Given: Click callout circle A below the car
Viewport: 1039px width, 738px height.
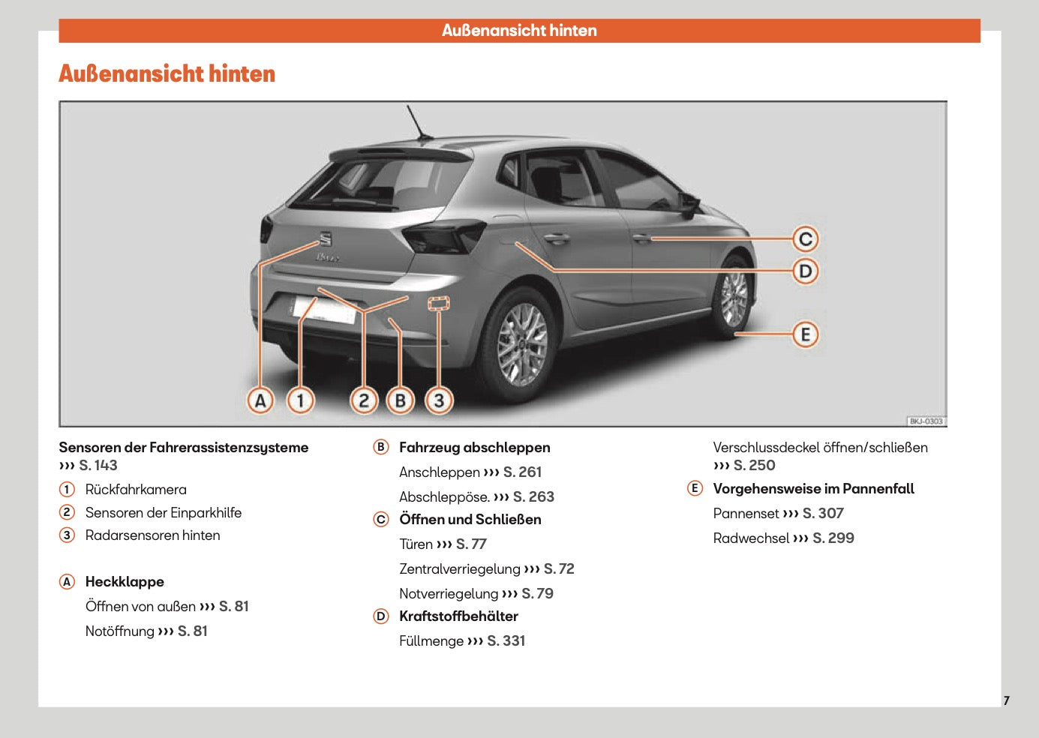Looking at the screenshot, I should pos(260,400).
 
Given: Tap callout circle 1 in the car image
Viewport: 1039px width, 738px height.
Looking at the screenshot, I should pos(301,400).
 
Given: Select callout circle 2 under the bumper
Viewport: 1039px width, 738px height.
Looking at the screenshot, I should pos(364,400).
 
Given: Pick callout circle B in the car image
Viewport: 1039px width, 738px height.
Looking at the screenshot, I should pos(401,400).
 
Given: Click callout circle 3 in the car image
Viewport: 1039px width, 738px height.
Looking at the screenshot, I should pos(439,400).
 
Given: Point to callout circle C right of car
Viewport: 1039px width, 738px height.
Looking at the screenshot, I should pos(805,239).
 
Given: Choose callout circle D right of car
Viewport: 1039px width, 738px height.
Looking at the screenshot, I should pos(805,271).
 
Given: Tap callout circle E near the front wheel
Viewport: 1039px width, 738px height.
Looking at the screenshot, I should pos(805,334).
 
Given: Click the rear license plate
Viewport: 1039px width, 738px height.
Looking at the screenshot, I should pos(323,309).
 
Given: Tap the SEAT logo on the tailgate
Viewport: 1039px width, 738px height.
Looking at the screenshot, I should pos(326,239).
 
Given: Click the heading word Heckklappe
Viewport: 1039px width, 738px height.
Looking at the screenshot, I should pos(125,582).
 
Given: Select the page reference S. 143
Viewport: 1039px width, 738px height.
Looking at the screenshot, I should pos(98,466).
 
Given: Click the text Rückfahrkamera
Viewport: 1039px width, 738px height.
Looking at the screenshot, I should pos(136,490).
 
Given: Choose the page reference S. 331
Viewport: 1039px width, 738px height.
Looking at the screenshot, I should pos(506,641).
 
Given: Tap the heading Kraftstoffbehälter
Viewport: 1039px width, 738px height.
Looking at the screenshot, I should pos(458,616).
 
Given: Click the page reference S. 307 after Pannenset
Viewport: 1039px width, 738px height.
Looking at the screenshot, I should pos(823,514).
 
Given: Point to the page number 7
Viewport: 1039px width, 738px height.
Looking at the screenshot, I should pos(1006,700).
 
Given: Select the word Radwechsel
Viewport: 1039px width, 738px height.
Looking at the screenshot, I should pos(751,538).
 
